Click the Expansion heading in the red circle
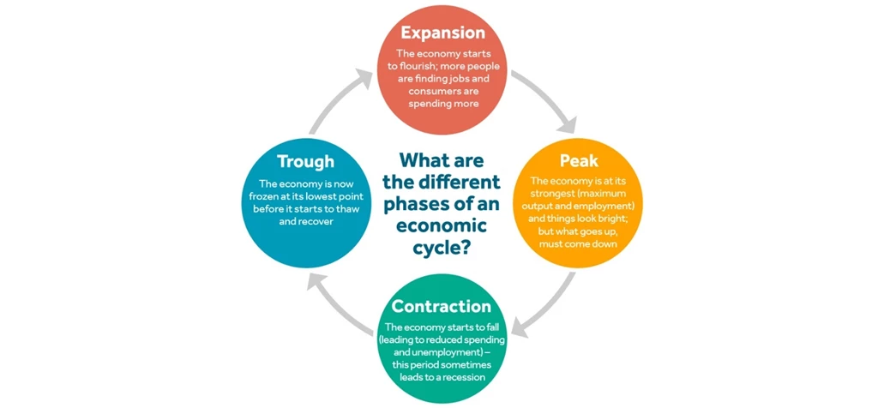[442, 33]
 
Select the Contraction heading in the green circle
[442, 306]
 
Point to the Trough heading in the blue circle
[305, 161]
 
